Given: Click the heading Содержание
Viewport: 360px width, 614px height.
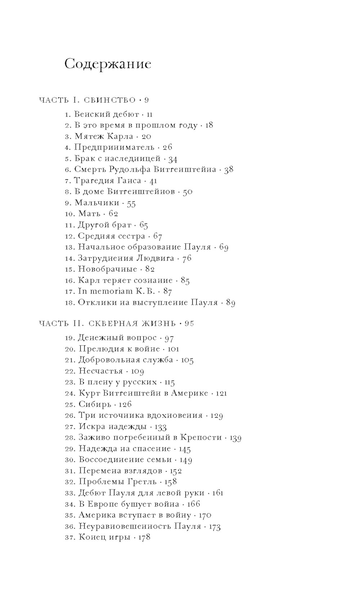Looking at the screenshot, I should click(108, 64).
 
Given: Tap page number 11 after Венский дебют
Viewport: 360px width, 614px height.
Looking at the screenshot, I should click(150, 115).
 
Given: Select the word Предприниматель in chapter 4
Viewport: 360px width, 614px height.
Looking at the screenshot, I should click(114, 147).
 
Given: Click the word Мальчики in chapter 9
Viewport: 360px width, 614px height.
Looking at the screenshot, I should click(97, 203).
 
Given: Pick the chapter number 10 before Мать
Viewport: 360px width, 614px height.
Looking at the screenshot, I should click(69, 214).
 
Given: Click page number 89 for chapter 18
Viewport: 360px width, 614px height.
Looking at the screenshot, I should click(231, 302).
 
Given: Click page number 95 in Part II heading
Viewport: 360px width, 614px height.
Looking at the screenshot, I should click(189, 323).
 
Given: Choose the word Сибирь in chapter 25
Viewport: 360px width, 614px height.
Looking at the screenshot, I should click(95, 404).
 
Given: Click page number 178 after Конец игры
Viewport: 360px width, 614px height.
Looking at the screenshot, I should click(144, 537).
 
